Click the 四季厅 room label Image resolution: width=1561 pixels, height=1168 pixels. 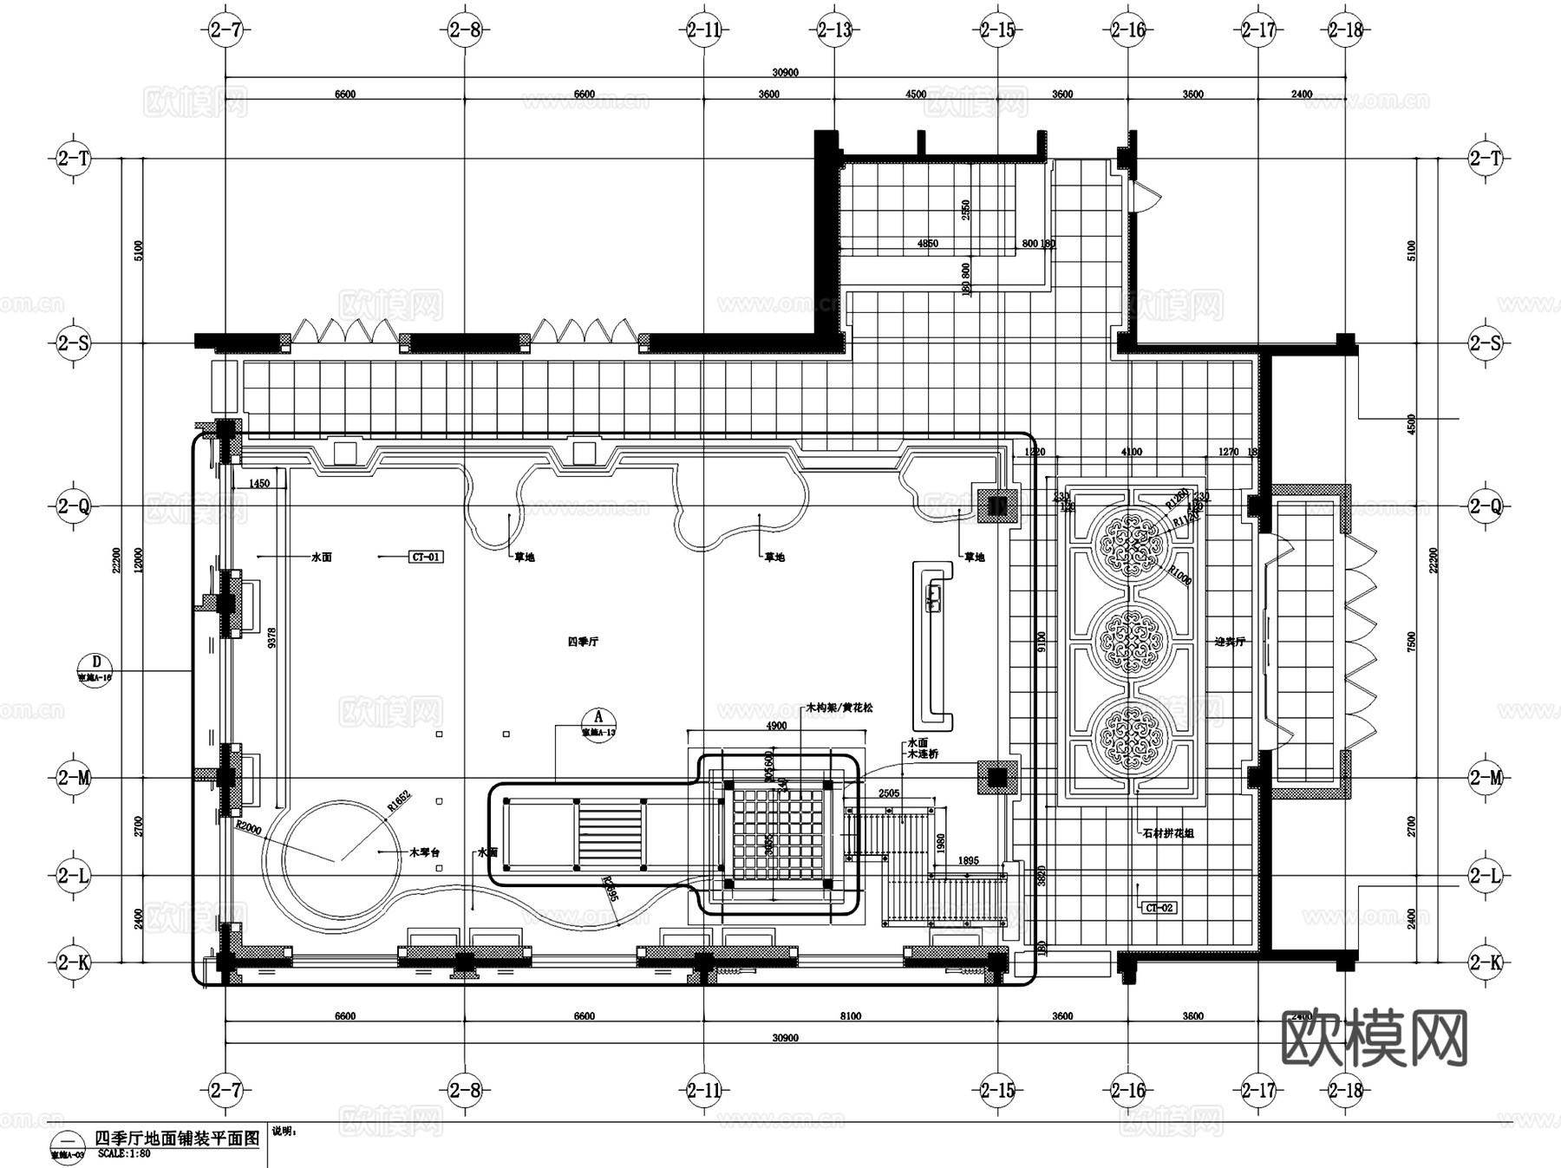point(583,642)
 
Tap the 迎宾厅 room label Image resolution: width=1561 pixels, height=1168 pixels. point(1230,642)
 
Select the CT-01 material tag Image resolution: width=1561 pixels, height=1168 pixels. point(426,557)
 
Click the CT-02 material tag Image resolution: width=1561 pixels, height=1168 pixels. point(1159,908)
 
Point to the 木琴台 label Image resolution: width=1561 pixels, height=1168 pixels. point(425,853)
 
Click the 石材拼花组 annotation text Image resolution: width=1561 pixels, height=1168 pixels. point(1168,833)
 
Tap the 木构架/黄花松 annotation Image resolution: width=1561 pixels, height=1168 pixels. point(839,708)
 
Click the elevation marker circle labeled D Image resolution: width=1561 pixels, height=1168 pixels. point(95,662)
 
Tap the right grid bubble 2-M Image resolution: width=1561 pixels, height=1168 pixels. point(1485,778)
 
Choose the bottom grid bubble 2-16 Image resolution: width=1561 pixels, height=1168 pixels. point(1127,1090)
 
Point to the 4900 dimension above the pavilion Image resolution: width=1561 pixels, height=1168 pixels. point(776,726)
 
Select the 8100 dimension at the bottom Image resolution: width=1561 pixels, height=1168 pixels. point(850,1016)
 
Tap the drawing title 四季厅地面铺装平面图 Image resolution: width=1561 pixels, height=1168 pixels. point(177,1139)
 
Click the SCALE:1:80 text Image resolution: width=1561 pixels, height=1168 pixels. point(124,1154)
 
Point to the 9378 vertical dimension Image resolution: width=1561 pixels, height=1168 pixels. point(272,640)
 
